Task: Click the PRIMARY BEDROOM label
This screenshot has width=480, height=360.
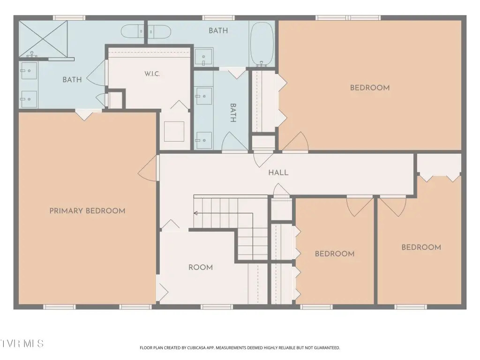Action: pyautogui.click(x=87, y=211)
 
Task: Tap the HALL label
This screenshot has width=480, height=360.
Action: pyautogui.click(x=278, y=172)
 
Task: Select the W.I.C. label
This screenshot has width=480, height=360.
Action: pyautogui.click(x=152, y=74)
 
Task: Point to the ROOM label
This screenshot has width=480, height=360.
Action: pyautogui.click(x=201, y=268)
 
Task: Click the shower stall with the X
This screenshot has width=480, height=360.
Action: pyautogui.click(x=43, y=39)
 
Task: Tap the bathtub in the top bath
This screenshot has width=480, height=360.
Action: pyautogui.click(x=262, y=44)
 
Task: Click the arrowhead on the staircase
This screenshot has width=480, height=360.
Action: pyautogui.click(x=195, y=213)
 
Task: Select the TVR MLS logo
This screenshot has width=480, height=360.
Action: pyautogui.click(x=22, y=344)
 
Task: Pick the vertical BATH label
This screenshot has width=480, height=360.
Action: pyautogui.click(x=233, y=112)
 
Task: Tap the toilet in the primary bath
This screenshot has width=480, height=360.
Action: pyautogui.click(x=132, y=31)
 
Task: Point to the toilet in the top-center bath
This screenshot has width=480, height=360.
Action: pyautogui.click(x=159, y=31)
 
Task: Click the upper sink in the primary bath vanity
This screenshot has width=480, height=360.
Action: pyautogui.click(x=29, y=71)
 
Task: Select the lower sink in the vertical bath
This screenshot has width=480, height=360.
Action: pyautogui.click(x=204, y=140)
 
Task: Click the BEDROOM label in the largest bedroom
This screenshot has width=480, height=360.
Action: pyautogui.click(x=370, y=88)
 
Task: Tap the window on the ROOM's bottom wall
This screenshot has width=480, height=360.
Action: pyautogui.click(x=217, y=307)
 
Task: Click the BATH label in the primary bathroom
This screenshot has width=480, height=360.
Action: pyautogui.click(x=72, y=80)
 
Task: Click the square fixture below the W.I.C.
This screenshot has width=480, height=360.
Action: pyautogui.click(x=174, y=131)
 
